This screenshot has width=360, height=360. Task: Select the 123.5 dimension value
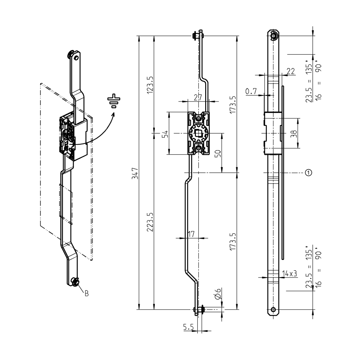tap(151, 84)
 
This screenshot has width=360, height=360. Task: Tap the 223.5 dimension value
tap(151, 222)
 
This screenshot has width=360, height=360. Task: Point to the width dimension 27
tap(198, 97)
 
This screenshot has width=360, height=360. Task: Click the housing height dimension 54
tap(165, 134)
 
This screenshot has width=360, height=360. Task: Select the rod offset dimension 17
tap(191, 234)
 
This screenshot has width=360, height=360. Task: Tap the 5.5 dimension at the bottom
tap(188, 327)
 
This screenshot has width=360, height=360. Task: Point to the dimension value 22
tap(291, 71)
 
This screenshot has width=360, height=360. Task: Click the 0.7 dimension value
tap(251, 91)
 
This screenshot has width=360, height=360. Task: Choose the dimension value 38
tap(294, 134)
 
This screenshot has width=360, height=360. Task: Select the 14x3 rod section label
tap(290, 273)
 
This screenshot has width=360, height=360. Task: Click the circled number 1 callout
tap(308, 173)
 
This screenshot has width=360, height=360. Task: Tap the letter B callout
tap(86, 293)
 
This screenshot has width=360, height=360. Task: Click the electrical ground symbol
tap(114, 102)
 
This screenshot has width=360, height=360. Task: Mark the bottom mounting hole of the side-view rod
tap(274, 309)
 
